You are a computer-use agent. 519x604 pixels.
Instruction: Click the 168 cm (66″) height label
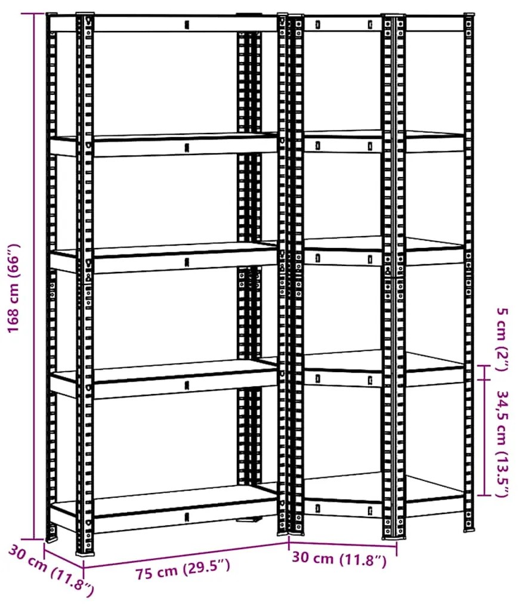[13, 288]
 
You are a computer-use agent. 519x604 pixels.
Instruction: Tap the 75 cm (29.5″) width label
[183, 569]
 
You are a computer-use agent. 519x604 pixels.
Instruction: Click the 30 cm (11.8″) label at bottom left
[51, 571]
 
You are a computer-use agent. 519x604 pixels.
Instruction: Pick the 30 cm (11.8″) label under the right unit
[339, 559]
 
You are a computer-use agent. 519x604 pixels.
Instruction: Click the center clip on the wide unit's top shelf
[187, 25]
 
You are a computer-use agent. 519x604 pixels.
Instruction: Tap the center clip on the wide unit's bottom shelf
[187, 516]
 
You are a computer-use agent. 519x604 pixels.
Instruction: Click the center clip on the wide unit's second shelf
[187, 147]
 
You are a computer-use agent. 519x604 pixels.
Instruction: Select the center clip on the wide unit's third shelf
[187, 262]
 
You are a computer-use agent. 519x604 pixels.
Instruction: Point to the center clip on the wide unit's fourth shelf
[187, 385]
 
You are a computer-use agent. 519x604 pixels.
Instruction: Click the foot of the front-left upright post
[85, 551]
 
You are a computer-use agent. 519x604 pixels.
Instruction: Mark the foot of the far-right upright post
[469, 529]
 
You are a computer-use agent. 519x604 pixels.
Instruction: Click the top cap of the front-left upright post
[85, 15]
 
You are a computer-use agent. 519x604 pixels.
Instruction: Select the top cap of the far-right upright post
[469, 16]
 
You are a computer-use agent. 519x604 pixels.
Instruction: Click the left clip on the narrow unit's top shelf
[318, 25]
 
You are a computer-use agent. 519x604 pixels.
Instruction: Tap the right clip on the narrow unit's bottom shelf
[370, 511]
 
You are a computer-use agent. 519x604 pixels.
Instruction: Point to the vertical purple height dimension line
[33, 276]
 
